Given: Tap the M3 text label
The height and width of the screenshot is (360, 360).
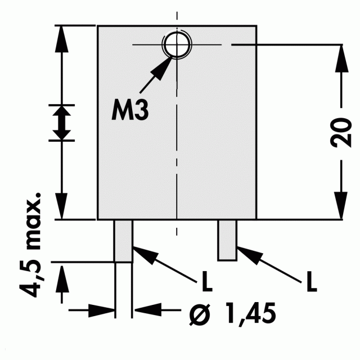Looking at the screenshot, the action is pos(130,110).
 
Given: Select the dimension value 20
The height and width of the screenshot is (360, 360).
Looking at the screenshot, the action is pos(341,133).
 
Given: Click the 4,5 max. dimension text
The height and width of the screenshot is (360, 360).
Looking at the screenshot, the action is pos(31,245).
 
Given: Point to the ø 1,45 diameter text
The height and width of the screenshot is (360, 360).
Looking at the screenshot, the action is pos(232,313).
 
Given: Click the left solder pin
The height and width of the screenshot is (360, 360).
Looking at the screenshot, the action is pos(124,241).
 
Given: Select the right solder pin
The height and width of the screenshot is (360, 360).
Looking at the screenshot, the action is pos(227,240).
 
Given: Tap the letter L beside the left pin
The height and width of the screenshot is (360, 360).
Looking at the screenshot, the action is pos(207,281).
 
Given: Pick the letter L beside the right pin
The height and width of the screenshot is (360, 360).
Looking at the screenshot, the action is pos(312,281).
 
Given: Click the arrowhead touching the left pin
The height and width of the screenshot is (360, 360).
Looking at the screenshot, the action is pos(145,254).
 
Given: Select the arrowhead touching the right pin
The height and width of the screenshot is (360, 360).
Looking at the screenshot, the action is pos(249,254).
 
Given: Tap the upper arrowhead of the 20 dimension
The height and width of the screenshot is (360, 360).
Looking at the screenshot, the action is pos(341,58).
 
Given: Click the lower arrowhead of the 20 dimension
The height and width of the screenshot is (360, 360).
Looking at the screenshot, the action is pos(341,205).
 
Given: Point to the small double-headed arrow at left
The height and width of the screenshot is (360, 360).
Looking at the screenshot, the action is pos(61,123).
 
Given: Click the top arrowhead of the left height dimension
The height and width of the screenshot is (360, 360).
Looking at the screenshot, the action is pos(61,39).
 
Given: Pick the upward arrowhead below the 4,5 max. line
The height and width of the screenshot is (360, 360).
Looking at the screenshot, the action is pos(62,279).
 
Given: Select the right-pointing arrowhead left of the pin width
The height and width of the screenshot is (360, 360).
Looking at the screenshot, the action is pos(101,310).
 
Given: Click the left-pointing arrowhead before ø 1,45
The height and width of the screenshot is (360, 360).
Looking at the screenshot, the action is pos(148,310).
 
